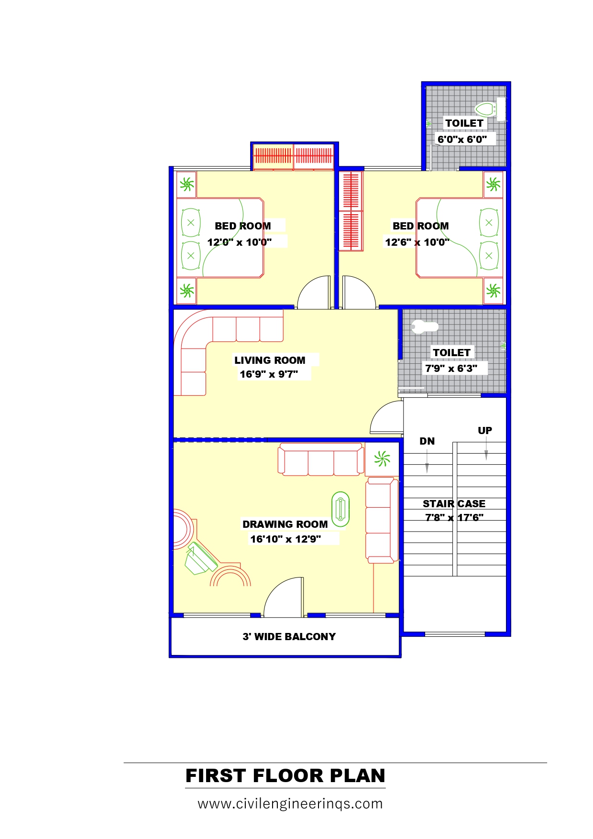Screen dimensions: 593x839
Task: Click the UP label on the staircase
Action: (x=485, y=430)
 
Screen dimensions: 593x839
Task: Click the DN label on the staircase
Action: (x=427, y=441)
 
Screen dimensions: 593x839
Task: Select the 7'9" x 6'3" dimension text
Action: (x=451, y=368)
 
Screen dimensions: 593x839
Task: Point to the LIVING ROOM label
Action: (x=270, y=360)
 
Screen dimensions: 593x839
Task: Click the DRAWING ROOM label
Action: (x=285, y=524)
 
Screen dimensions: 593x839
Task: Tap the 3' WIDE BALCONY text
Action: (x=289, y=636)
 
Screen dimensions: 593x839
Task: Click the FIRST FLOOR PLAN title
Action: (x=286, y=775)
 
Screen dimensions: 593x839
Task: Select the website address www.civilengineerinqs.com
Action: (x=290, y=804)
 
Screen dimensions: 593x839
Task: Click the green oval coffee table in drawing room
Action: (x=340, y=509)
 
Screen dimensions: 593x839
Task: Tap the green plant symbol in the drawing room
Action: (x=382, y=459)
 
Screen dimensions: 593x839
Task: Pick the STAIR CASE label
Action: (x=454, y=503)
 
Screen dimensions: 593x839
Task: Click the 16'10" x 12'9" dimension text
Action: (x=286, y=539)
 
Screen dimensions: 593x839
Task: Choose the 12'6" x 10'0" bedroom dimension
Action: (x=417, y=242)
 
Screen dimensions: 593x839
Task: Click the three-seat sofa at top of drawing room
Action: (x=320, y=459)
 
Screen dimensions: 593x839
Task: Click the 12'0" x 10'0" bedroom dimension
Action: (x=239, y=242)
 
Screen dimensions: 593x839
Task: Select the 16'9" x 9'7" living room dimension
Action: (x=269, y=374)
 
